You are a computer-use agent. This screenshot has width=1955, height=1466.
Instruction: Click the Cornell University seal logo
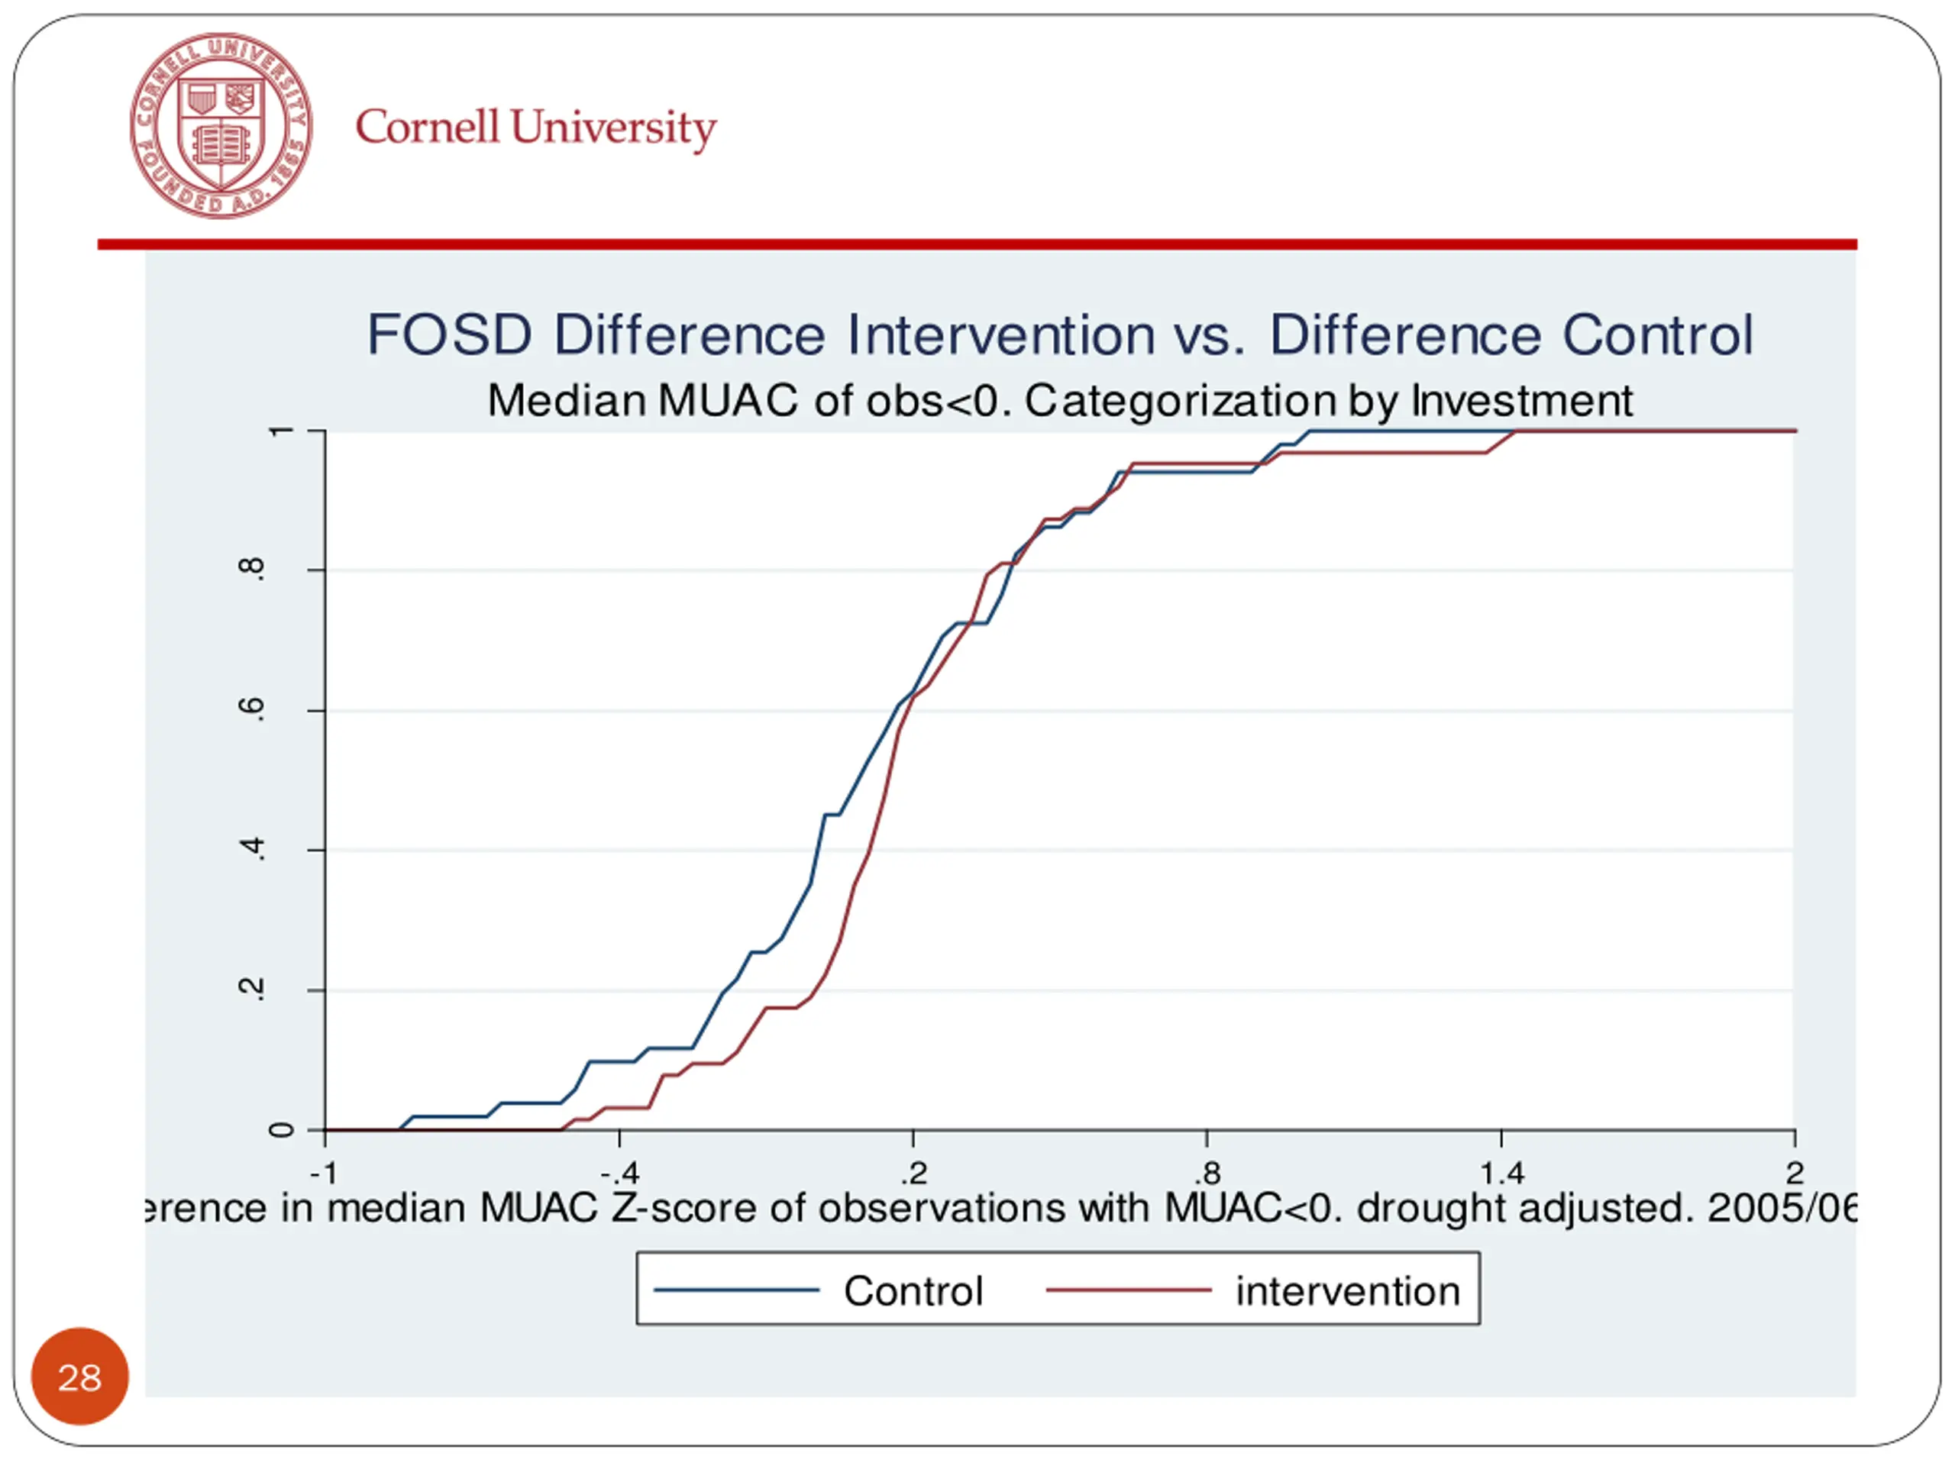(x=221, y=125)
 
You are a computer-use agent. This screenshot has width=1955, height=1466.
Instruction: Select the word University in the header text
(x=613, y=128)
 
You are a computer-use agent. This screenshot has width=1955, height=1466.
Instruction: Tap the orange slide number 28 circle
(x=79, y=1377)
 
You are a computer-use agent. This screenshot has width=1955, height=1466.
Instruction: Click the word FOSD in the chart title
(x=449, y=335)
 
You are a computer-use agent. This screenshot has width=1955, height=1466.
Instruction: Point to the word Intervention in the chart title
(x=1000, y=335)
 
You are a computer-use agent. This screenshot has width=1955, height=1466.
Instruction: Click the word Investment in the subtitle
(x=1522, y=400)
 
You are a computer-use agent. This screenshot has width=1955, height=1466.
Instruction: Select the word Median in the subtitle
(x=567, y=400)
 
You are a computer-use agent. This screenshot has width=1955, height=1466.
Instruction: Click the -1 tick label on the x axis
(x=325, y=1174)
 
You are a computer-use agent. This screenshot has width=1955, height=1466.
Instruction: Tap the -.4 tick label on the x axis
(x=619, y=1174)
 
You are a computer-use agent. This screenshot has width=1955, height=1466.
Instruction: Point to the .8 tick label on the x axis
(x=1207, y=1174)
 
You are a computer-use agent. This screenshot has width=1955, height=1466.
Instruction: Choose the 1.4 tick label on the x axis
(x=1501, y=1174)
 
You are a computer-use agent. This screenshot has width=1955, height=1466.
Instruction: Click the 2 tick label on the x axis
(x=1794, y=1174)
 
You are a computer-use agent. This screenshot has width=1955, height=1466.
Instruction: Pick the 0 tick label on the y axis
(x=281, y=1130)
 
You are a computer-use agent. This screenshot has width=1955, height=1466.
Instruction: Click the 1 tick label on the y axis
(x=281, y=431)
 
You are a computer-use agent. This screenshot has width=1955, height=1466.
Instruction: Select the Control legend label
(x=913, y=1291)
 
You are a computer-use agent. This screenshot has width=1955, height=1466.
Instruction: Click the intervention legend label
(x=1348, y=1291)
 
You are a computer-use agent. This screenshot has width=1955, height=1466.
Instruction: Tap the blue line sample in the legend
(x=736, y=1291)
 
